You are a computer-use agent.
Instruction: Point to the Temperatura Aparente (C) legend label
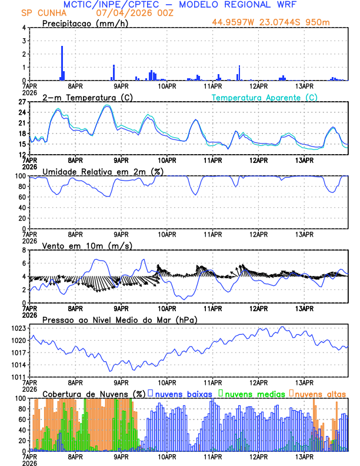[x=264, y=97]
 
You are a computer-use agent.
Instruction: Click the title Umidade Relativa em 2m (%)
[x=103, y=171]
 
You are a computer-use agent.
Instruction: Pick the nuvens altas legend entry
[x=318, y=393]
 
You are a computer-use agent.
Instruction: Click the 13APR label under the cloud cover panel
[x=304, y=456]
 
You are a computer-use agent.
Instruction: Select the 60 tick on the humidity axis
[x=21, y=197]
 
